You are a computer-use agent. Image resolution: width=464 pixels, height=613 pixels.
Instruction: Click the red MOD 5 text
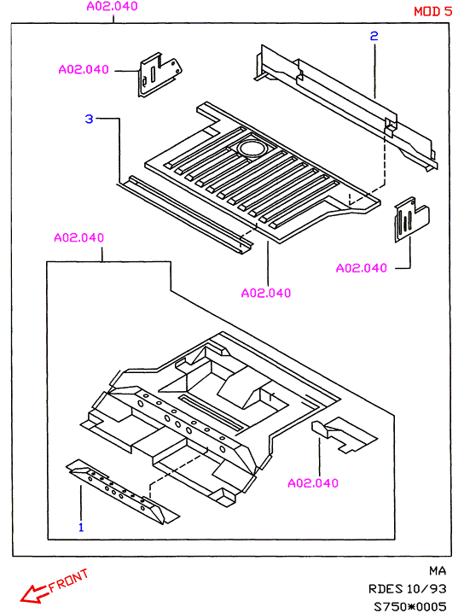click(x=432, y=11)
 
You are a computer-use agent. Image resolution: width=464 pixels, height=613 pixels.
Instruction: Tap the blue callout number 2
click(x=374, y=36)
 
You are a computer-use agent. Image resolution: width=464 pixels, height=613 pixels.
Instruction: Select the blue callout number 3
click(x=89, y=119)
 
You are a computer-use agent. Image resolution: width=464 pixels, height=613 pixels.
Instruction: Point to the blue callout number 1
click(x=81, y=527)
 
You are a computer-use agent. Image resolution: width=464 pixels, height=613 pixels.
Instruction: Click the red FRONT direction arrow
click(x=34, y=592)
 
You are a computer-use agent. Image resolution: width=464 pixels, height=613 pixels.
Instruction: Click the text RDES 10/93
click(x=407, y=588)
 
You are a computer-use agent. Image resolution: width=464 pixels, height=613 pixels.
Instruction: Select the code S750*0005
click(x=409, y=606)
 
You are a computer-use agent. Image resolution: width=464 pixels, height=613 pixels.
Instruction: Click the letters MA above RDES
click(x=438, y=571)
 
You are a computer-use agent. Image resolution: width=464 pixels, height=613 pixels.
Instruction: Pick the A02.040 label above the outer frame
click(x=112, y=6)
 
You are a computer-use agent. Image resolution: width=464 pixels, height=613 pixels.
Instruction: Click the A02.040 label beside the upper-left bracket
click(x=84, y=70)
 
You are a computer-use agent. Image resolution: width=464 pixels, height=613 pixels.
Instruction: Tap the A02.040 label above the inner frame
click(x=78, y=237)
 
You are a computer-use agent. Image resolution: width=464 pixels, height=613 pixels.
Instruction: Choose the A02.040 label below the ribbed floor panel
click(x=266, y=293)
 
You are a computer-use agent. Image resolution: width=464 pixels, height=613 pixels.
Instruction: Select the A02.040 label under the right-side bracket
click(x=362, y=268)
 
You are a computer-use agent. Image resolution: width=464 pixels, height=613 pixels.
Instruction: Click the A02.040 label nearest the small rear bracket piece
click(x=313, y=483)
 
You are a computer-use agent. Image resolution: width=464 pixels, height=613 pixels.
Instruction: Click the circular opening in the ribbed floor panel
click(x=252, y=149)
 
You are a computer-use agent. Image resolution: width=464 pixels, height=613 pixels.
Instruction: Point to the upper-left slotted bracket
click(x=159, y=74)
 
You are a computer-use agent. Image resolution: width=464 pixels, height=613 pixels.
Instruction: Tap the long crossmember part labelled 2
click(x=346, y=108)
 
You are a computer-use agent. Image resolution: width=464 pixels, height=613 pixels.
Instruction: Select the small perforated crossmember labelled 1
click(x=122, y=492)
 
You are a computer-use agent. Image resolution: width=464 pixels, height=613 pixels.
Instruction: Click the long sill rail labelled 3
click(x=185, y=213)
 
